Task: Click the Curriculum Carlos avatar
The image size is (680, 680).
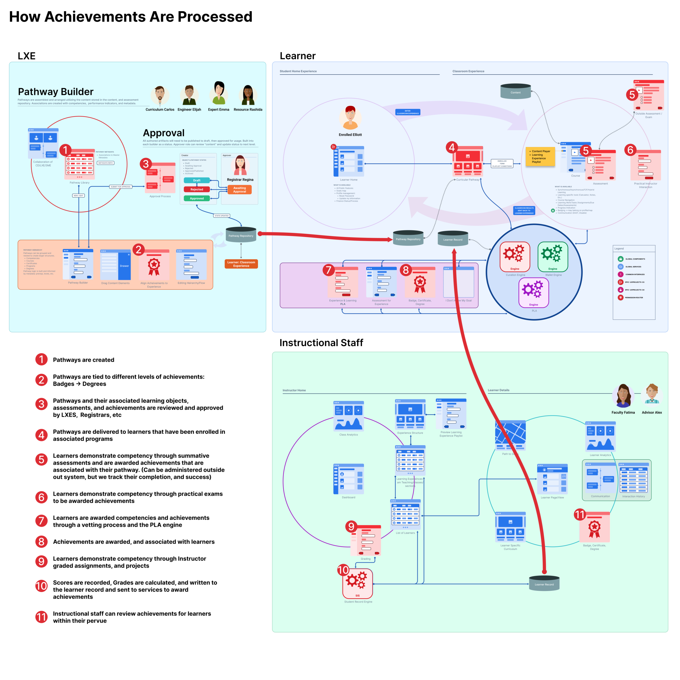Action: tap(160, 95)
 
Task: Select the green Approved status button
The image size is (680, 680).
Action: tap(197, 198)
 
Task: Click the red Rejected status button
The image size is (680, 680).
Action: tap(197, 189)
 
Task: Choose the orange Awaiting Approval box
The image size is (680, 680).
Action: tap(239, 190)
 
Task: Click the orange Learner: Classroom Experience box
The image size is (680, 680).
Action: tap(241, 264)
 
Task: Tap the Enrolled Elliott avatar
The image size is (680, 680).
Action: tap(350, 118)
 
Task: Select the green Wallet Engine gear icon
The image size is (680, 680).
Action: tap(552, 256)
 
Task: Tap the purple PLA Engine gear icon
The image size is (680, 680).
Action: tap(534, 292)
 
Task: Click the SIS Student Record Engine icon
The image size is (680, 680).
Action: tap(358, 584)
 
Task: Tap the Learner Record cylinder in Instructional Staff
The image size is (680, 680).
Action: tap(544, 583)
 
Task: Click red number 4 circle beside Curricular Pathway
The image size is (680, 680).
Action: tap(452, 147)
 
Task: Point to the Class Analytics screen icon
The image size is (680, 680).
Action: tap(348, 416)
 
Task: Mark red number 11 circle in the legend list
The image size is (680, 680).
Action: tap(41, 617)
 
